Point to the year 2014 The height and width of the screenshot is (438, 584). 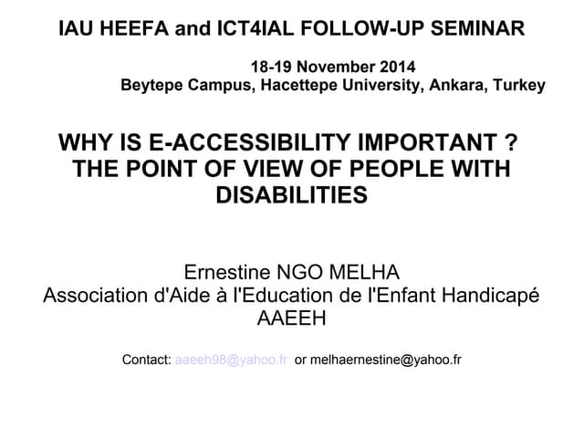394,68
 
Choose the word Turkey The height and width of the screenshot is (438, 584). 520,87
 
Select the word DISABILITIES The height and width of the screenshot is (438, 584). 291,194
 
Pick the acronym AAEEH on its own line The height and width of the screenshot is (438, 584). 292,319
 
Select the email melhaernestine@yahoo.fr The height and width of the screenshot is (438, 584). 385,360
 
